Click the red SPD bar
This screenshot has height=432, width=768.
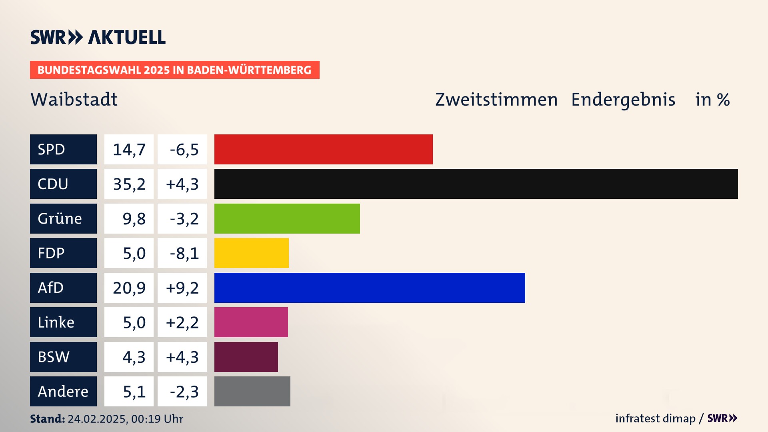tap(323, 149)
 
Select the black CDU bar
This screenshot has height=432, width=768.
tap(476, 184)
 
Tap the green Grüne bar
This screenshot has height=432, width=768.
tap(287, 218)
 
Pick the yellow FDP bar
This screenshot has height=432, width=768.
tap(251, 253)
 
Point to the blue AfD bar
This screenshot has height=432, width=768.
tap(370, 288)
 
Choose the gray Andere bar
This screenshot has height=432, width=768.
tap(252, 391)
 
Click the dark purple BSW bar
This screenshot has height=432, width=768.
tap(246, 357)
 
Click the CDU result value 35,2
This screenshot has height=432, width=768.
tap(129, 184)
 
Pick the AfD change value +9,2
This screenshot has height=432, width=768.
tap(182, 288)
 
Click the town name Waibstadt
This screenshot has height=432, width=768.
tap(74, 99)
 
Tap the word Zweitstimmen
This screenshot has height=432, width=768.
tap(496, 99)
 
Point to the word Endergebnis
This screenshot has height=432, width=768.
tap(623, 99)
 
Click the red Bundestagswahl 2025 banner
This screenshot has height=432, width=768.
tap(174, 70)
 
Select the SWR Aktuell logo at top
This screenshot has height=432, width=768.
tap(98, 37)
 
